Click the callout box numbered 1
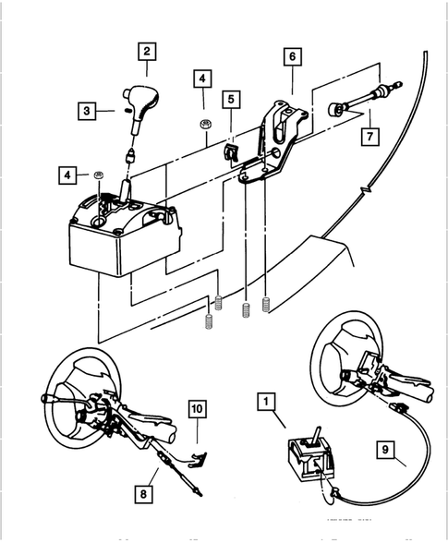(266, 402)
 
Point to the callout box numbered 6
(292, 57)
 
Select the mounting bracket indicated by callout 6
(277, 139)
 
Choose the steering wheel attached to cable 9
(351, 360)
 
